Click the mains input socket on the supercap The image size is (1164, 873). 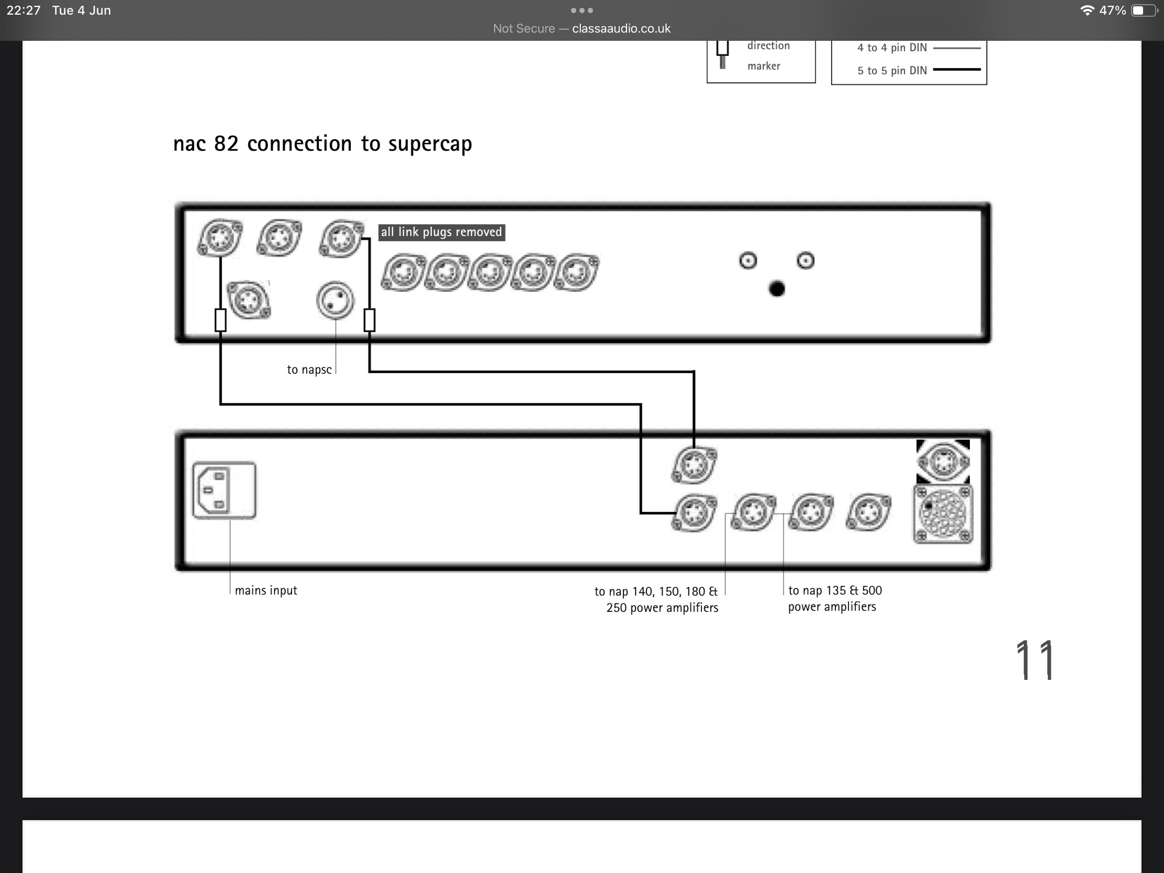[x=224, y=490]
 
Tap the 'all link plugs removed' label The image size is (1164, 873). [x=442, y=232]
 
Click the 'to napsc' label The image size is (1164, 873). [x=309, y=370]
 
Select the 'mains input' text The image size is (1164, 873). [x=266, y=590]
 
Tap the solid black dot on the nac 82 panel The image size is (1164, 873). [x=777, y=289]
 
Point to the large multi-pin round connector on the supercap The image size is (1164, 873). [x=943, y=514]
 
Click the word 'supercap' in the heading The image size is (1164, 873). [x=430, y=143]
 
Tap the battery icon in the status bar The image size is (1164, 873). [x=1145, y=10]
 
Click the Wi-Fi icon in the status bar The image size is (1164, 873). [x=1087, y=10]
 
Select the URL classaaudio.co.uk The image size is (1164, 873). [x=621, y=28]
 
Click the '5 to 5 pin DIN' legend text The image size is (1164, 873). [x=892, y=71]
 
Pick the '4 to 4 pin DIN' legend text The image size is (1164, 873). [x=892, y=48]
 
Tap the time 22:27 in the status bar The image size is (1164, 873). [x=24, y=10]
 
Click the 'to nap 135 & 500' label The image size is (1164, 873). [x=835, y=590]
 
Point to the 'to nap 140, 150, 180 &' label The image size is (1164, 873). [x=656, y=591]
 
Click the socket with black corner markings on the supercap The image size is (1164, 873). [x=943, y=461]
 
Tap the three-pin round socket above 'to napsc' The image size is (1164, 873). [x=335, y=300]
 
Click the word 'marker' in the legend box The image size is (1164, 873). [x=764, y=66]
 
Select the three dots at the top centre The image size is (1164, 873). [x=582, y=10]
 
